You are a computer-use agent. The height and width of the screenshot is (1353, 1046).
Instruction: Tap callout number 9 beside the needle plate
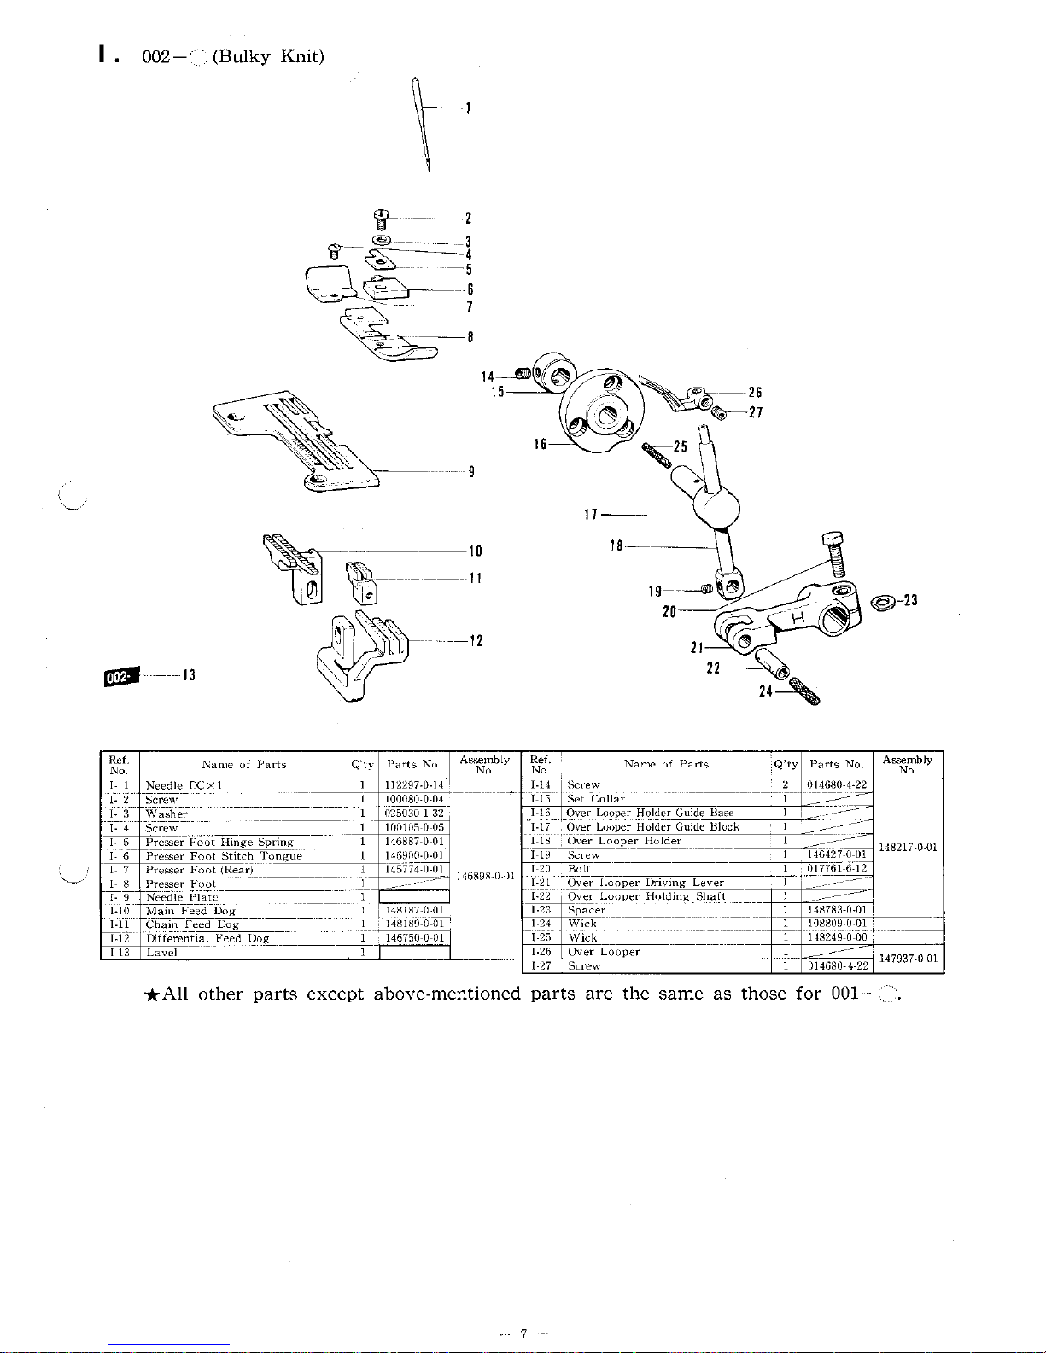coord(471,471)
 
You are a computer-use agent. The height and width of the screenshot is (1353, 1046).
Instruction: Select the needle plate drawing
coord(299,440)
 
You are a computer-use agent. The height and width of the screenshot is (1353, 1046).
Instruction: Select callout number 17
coord(589,515)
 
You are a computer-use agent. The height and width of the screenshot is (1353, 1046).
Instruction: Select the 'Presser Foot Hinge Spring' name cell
coord(219,842)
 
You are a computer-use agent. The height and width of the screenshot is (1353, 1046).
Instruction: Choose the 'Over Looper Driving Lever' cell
coord(646,883)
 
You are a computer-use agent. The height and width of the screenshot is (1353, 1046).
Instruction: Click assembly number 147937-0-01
coord(909,959)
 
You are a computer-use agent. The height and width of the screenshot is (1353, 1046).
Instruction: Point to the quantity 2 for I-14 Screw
coord(784,784)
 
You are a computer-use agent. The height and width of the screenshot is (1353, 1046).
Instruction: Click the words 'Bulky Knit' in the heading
coord(266,57)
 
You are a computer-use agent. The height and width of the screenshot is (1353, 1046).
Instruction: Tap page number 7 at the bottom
coord(523,1334)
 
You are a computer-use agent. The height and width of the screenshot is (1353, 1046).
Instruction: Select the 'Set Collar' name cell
coord(596,799)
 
